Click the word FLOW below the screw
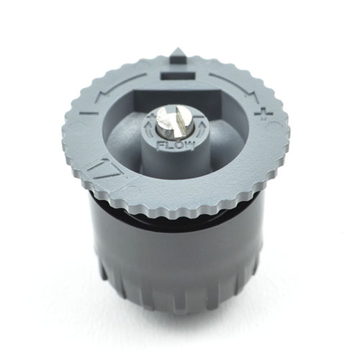pyautogui.click(x=176, y=145)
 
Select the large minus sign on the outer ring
pyautogui.click(x=91, y=113)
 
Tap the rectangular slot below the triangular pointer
pyautogui.click(x=178, y=76)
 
